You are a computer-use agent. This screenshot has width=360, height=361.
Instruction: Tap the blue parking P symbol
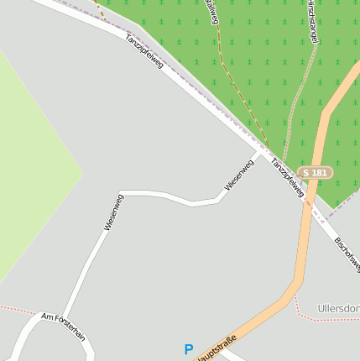click(x=189, y=349)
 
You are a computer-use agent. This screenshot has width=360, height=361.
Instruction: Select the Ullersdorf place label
click(x=339, y=309)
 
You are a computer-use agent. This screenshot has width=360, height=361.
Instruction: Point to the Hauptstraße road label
click(x=217, y=348)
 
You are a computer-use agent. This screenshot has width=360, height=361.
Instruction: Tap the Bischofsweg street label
click(x=347, y=254)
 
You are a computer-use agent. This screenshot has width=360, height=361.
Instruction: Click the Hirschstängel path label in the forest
click(x=310, y=21)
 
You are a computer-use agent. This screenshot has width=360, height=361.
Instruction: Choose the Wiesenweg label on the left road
click(x=113, y=212)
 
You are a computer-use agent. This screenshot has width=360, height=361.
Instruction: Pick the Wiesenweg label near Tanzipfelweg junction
click(x=238, y=174)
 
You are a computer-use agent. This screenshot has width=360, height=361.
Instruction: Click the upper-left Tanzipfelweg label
click(x=144, y=51)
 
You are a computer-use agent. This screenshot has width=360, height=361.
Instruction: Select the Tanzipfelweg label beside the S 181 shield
click(x=287, y=175)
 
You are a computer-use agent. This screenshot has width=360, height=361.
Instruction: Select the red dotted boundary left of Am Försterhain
click(x=17, y=310)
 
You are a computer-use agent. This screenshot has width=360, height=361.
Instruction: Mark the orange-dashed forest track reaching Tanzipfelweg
click(x=243, y=101)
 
